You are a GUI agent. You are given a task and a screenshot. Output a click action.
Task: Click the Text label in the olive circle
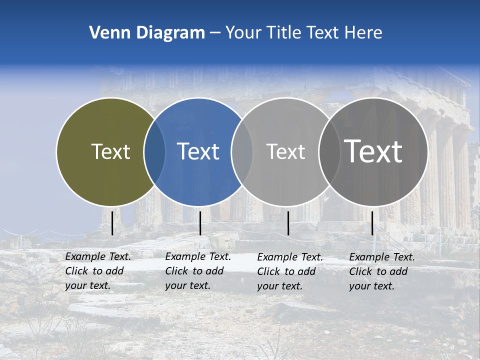tap(110, 151)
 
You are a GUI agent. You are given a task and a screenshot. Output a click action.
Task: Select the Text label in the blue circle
tap(198, 151)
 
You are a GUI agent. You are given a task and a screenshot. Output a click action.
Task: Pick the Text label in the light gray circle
tap(285, 151)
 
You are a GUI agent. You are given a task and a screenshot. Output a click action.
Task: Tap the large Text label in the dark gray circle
tap(373, 151)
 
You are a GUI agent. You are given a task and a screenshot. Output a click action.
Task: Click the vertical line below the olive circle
tap(112, 223)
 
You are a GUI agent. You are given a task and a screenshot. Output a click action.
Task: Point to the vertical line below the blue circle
tap(200, 223)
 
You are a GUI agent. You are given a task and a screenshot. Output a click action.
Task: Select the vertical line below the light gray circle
tap(288, 223)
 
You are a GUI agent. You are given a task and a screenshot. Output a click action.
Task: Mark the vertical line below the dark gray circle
tap(372, 223)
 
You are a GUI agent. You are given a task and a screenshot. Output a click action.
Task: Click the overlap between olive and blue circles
tap(154, 151)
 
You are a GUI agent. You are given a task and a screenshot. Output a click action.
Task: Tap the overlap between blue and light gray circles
tap(242, 151)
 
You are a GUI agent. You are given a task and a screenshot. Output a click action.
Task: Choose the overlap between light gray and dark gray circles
tap(329, 151)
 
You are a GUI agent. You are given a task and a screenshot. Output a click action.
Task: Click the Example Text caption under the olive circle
tap(98, 271)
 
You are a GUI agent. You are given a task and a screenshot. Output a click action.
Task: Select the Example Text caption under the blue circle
tap(198, 271)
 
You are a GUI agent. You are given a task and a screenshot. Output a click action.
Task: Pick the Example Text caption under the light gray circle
tap(290, 271)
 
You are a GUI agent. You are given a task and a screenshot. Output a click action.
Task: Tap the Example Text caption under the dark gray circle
tap(382, 271)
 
